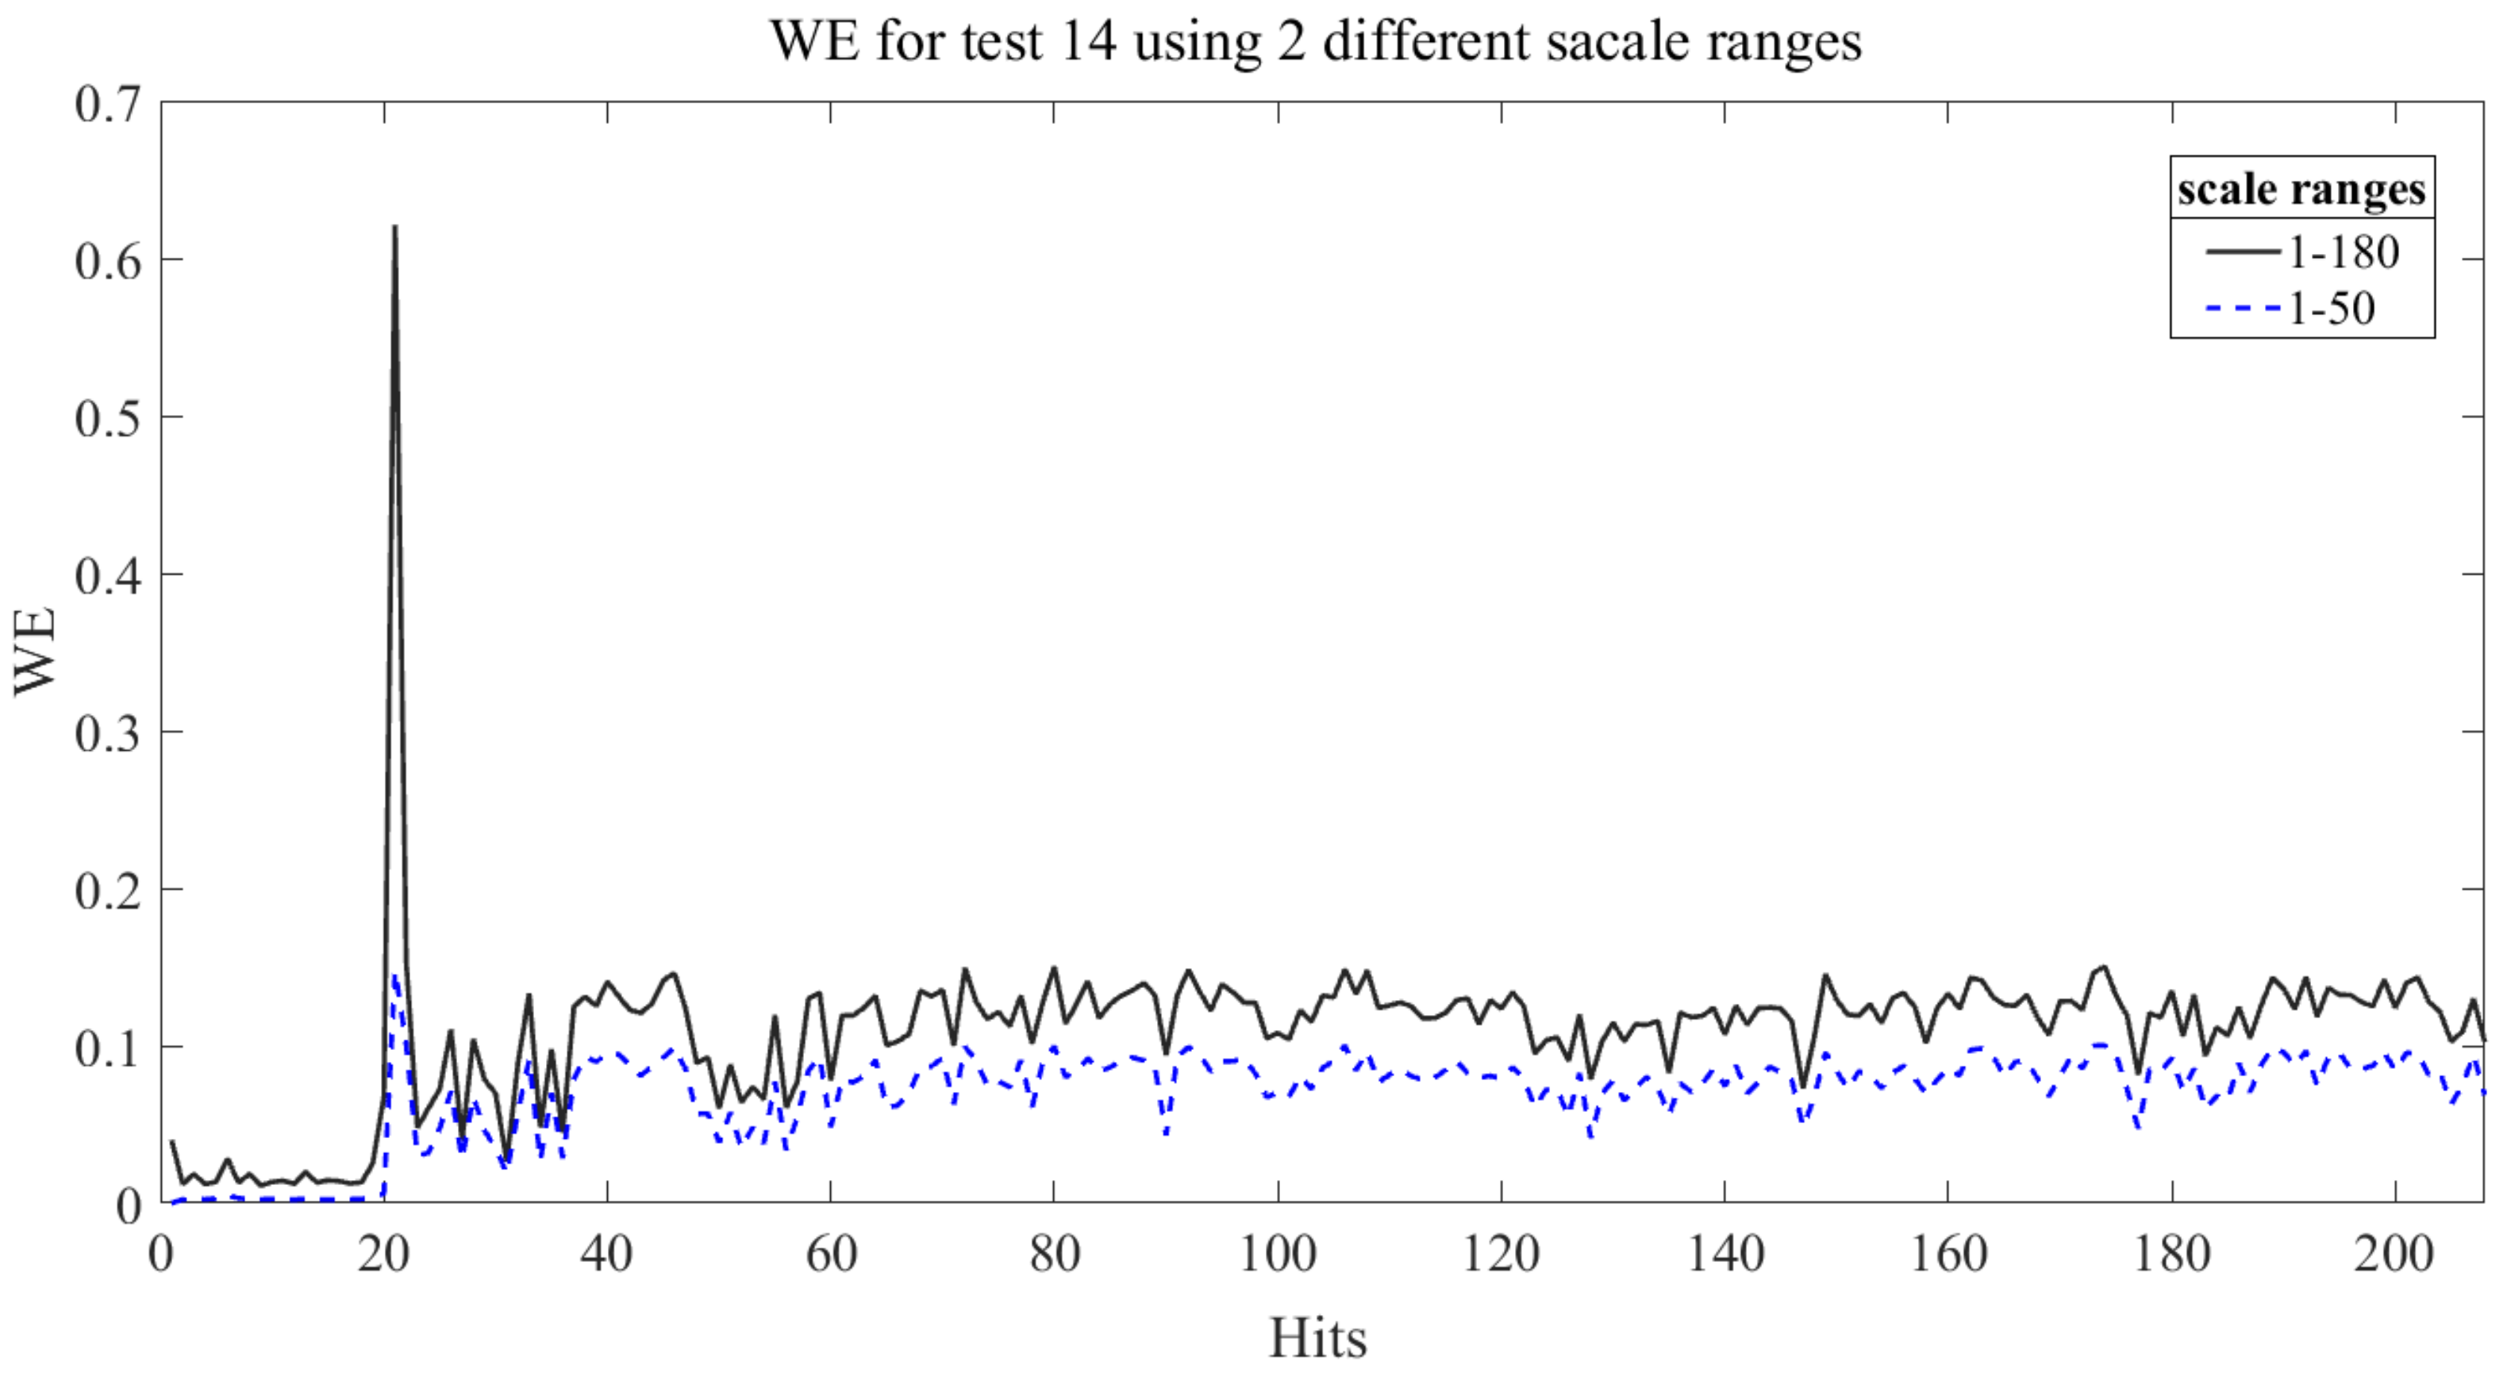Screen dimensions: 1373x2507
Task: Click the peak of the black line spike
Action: pos(395,227)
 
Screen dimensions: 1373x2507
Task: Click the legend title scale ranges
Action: pos(2301,189)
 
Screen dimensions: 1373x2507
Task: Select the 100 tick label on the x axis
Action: pos(1277,1254)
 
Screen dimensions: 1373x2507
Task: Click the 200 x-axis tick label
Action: pos(2394,1254)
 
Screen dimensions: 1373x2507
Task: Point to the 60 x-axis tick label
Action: pos(831,1254)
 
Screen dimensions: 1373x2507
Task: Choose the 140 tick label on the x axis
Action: pos(1725,1254)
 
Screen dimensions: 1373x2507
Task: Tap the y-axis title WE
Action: pos(35,651)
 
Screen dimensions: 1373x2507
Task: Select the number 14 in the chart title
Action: pos(1087,40)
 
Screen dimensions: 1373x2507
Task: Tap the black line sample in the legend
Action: pos(2242,253)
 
